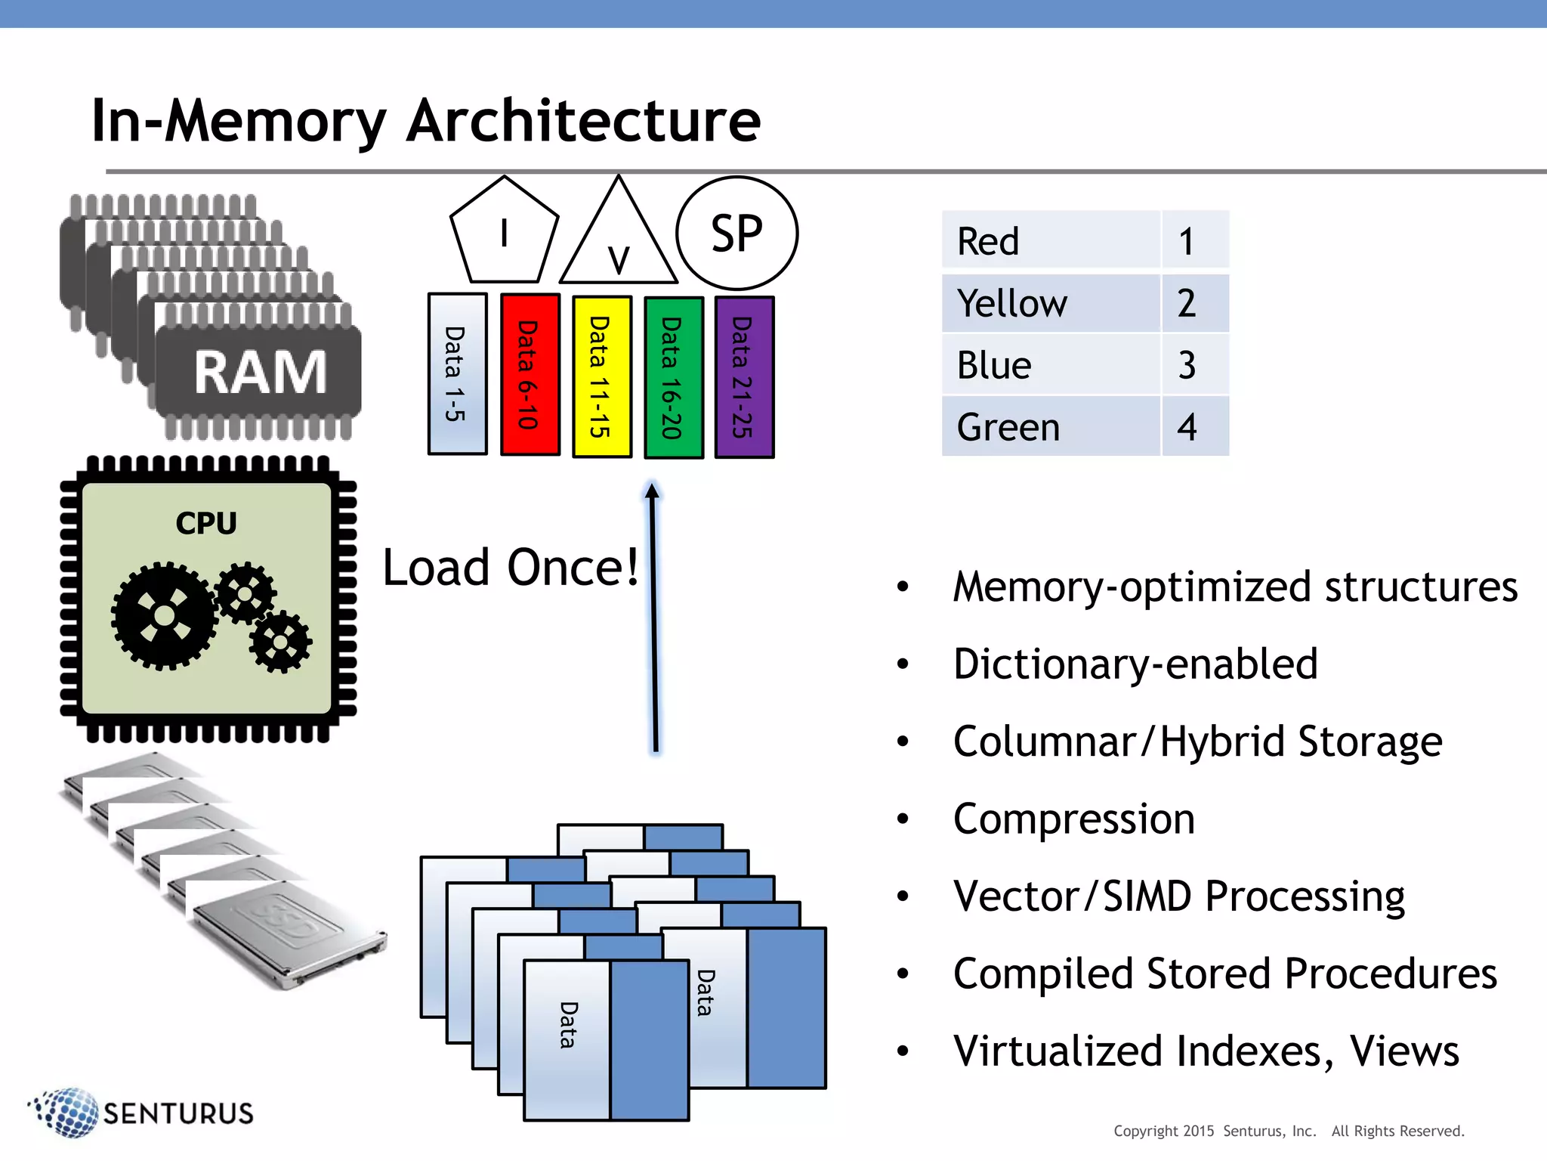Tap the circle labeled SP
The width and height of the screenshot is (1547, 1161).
tap(736, 233)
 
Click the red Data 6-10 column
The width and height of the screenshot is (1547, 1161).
tap(530, 375)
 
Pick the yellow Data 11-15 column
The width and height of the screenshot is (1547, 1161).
tap(601, 376)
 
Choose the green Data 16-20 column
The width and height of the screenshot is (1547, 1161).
tap(673, 377)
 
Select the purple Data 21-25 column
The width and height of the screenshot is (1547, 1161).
tap(744, 377)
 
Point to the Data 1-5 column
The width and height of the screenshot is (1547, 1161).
tap(457, 374)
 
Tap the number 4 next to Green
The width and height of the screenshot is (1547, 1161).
tap(1187, 427)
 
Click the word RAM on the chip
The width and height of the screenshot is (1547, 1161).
tap(260, 372)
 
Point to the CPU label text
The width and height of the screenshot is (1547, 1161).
tap(206, 523)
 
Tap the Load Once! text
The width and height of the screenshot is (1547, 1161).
tap(511, 567)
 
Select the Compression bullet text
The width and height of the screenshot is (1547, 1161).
tap(1073, 819)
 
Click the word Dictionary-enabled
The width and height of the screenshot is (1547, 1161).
tap(1135, 664)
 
